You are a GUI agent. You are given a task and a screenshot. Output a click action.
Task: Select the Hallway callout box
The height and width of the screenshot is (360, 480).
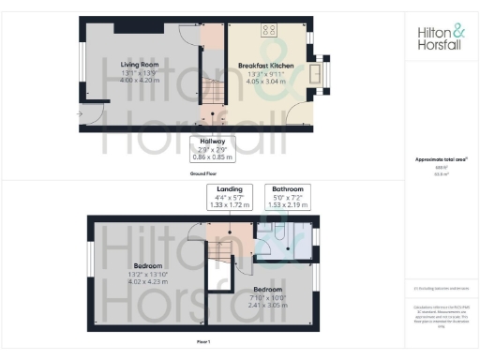pos(217,148)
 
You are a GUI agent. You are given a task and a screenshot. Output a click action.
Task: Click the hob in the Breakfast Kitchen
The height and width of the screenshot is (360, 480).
pos(269,29)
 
